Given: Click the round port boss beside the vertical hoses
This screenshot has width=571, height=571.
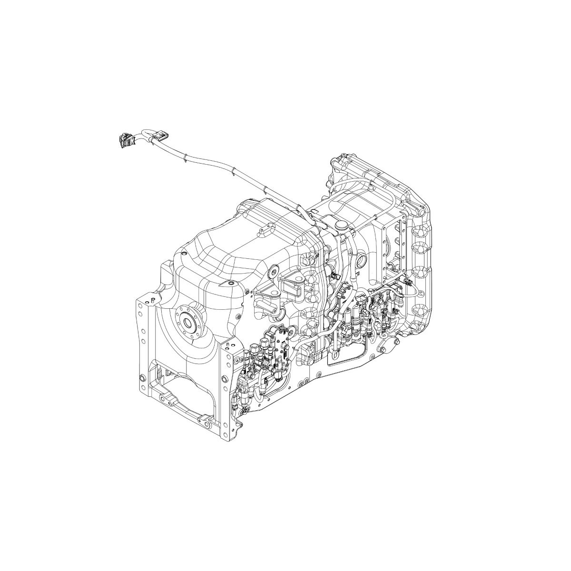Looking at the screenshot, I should point(361,260).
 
